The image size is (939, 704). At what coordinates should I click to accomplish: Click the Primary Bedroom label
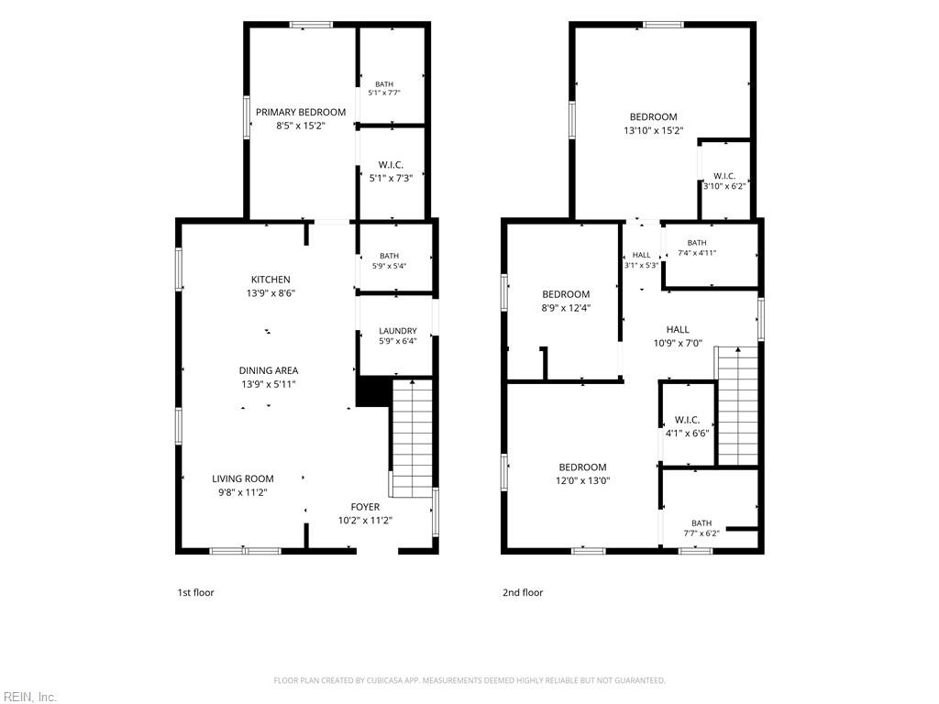pyautogui.click(x=301, y=112)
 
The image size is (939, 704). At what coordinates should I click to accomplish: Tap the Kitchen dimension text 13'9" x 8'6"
pyautogui.click(x=271, y=293)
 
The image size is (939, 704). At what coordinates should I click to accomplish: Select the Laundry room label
pyautogui.click(x=398, y=331)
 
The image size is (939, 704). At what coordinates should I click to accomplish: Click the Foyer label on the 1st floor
pyautogui.click(x=365, y=507)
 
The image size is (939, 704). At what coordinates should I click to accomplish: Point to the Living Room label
pyautogui.click(x=242, y=478)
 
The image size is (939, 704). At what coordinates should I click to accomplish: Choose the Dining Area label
pyautogui.click(x=269, y=370)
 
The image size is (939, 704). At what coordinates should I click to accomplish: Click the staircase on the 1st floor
pyautogui.click(x=412, y=438)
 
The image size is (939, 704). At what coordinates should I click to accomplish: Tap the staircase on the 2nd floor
pyautogui.click(x=738, y=406)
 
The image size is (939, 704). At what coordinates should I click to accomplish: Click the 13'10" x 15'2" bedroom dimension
pyautogui.click(x=653, y=130)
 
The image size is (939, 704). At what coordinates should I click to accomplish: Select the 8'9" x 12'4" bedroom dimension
pyautogui.click(x=566, y=308)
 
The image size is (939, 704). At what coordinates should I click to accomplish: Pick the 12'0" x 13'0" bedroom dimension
pyautogui.click(x=582, y=480)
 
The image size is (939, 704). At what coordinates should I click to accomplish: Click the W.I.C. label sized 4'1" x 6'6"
pyautogui.click(x=687, y=420)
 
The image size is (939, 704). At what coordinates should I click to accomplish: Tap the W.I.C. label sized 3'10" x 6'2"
pyautogui.click(x=724, y=176)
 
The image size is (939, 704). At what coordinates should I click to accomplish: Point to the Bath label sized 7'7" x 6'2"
pyautogui.click(x=701, y=523)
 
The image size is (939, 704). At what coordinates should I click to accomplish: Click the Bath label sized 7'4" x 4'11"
pyautogui.click(x=697, y=243)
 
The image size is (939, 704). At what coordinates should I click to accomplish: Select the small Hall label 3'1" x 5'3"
pyautogui.click(x=641, y=255)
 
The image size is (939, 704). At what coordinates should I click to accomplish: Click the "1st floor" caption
pyautogui.click(x=195, y=593)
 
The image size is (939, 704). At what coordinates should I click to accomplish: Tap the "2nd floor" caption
pyautogui.click(x=523, y=593)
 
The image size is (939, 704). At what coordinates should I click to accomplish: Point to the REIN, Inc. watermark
pyautogui.click(x=28, y=697)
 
